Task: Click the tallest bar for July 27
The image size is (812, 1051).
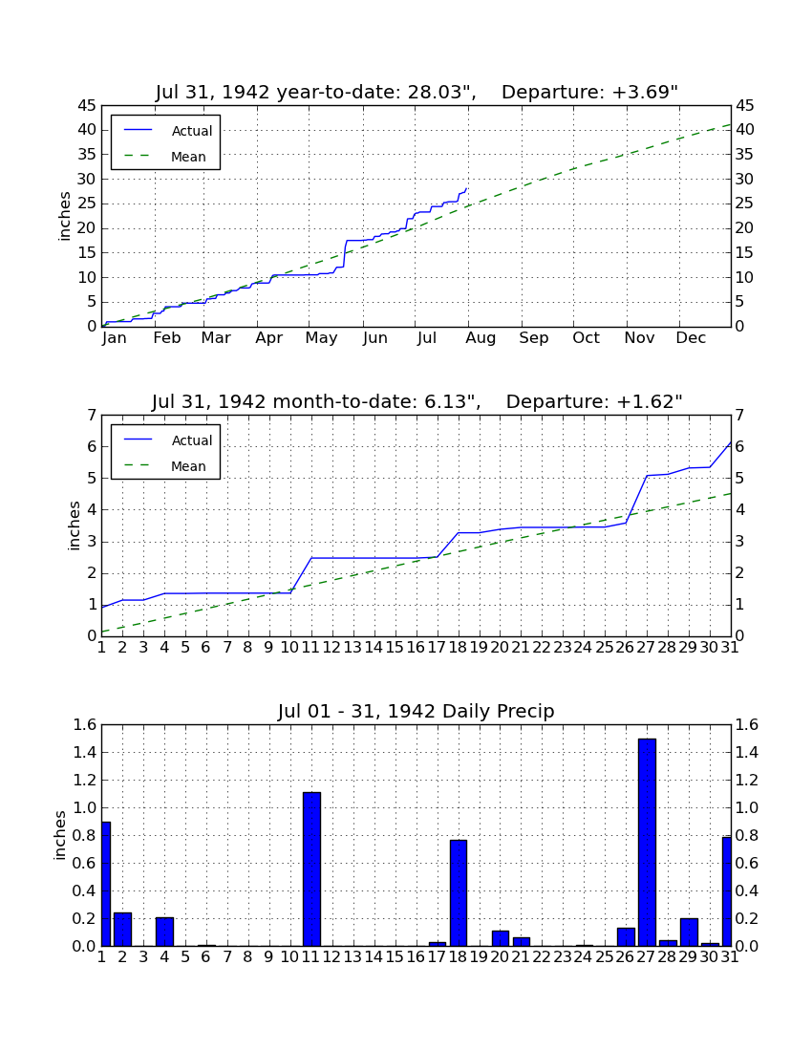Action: point(647,842)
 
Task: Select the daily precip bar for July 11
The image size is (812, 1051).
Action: point(311,869)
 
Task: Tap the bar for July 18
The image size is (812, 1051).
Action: point(459,892)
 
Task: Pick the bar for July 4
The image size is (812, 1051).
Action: point(165,932)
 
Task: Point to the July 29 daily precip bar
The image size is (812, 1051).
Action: point(689,933)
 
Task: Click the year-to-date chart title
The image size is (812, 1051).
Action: point(417,92)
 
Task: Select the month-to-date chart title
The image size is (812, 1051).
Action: point(417,401)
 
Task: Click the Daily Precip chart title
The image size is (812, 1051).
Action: point(417,711)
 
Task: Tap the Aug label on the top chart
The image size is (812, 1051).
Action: point(481,338)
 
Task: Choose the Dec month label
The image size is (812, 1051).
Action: point(691,338)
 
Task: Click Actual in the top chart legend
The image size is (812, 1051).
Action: point(192,131)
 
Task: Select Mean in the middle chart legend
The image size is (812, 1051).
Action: point(188,466)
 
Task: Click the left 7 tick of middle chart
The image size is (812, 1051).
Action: point(92,416)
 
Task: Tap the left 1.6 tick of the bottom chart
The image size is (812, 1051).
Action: point(85,724)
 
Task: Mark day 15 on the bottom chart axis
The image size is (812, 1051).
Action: point(395,957)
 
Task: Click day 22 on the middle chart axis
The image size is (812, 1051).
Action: point(542,648)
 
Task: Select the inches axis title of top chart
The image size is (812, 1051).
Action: point(64,216)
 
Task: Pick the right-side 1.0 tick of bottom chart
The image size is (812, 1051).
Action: point(748,807)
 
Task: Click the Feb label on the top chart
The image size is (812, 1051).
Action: point(167,338)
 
